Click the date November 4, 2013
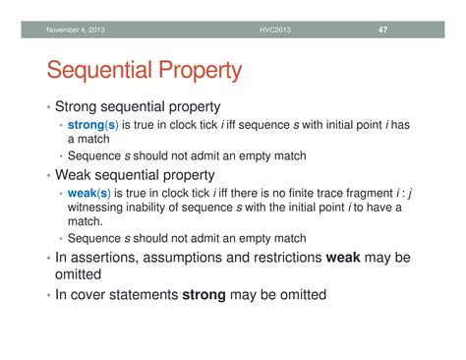[78, 30]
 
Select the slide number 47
[383, 30]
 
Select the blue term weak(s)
[87, 194]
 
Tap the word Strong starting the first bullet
[79, 106]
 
